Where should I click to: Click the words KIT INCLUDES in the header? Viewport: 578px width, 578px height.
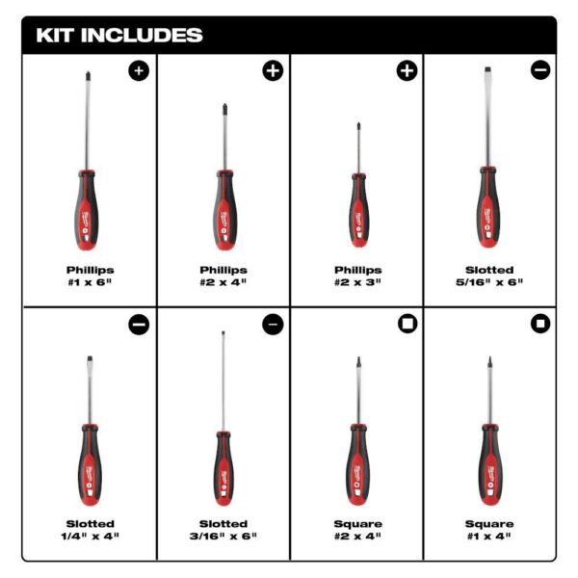(x=119, y=36)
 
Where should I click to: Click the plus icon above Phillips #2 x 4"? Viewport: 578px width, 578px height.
(x=273, y=70)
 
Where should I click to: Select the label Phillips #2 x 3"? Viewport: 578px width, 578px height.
(x=357, y=276)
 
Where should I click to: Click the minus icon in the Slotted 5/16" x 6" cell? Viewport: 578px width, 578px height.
(x=539, y=70)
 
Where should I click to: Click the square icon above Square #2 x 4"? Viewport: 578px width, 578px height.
(x=407, y=324)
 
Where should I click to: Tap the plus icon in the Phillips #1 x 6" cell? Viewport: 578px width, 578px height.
(x=140, y=70)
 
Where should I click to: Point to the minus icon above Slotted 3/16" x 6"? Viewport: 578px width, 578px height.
(x=273, y=324)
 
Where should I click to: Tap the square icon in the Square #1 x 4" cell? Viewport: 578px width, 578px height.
(x=539, y=324)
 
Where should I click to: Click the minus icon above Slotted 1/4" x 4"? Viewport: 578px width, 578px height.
(x=140, y=324)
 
